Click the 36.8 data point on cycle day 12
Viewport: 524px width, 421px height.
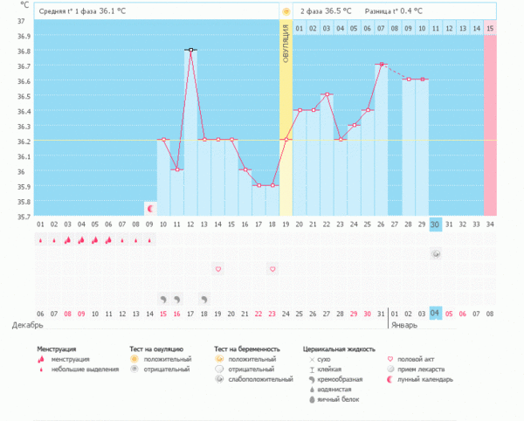190,50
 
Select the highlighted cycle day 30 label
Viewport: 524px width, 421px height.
436,225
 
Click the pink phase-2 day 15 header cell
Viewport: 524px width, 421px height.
490,29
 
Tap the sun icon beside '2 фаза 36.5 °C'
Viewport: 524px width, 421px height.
286,11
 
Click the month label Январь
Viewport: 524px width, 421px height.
404,325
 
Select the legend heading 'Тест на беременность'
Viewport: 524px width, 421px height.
245,349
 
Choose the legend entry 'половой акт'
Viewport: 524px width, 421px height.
415,358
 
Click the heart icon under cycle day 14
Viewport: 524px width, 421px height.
218,269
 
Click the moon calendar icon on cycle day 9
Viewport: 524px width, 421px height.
150,209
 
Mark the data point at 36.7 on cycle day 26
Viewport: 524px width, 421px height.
381,65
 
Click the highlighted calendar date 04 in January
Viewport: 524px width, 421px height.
436,314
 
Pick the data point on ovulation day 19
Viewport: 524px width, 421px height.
286,140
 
